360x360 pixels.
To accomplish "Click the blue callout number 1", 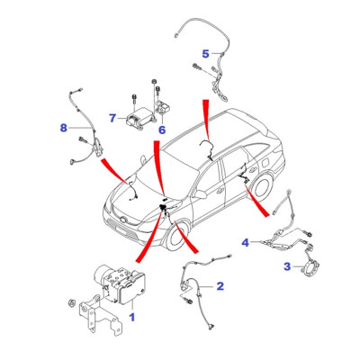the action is click(132, 317).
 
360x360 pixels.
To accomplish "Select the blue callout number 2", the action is click(220, 286).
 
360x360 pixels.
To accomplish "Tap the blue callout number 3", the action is click(287, 266).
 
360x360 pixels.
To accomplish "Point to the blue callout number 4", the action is click(246, 242).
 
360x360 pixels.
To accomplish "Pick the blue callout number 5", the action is click(205, 54).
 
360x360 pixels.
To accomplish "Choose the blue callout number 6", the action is click(162, 130).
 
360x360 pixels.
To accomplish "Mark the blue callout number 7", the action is click(112, 118).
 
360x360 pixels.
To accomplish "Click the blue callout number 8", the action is click(64, 128).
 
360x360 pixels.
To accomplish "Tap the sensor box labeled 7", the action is click(139, 118).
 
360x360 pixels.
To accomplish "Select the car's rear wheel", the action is click(263, 185).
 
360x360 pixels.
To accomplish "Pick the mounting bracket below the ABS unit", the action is click(99, 315).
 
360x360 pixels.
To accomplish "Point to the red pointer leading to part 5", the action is click(207, 120).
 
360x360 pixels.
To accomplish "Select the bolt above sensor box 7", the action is click(134, 101).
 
